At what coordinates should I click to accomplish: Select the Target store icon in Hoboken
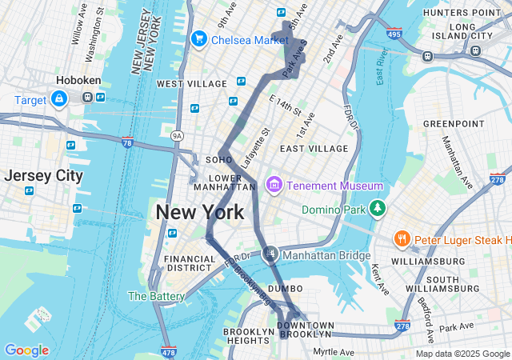[x=58, y=98]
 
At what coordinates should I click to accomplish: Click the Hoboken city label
[x=78, y=81]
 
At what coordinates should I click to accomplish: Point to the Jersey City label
[x=42, y=175]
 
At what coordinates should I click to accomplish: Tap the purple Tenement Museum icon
[x=274, y=186]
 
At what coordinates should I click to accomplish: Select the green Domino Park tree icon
[x=377, y=210]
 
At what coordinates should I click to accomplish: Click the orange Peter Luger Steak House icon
[x=402, y=238]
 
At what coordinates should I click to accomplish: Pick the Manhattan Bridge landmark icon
[x=270, y=254]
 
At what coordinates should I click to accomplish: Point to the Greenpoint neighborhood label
[x=454, y=124]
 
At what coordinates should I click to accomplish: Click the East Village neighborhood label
[x=314, y=149]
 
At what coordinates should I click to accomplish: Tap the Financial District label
[x=190, y=263]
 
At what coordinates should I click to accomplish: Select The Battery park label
[x=156, y=296]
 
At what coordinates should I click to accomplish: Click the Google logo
[x=26, y=350]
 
